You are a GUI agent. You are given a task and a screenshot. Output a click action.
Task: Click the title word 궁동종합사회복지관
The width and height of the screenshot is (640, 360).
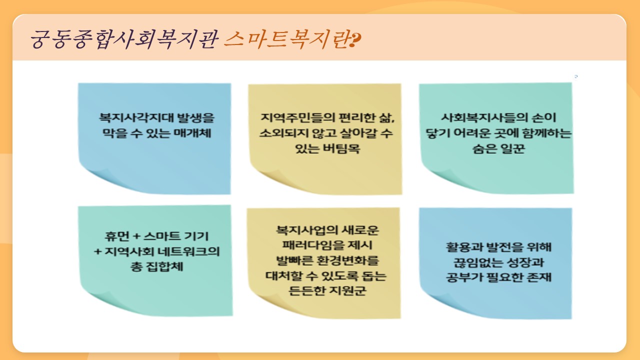point(124,39)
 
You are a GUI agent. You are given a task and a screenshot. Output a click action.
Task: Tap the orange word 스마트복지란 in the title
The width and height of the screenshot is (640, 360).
point(287,39)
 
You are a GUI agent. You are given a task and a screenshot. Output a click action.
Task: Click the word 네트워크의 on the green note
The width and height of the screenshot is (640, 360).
point(189,251)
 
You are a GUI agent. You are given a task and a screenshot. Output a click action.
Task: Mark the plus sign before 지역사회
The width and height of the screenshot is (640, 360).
point(97,251)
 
